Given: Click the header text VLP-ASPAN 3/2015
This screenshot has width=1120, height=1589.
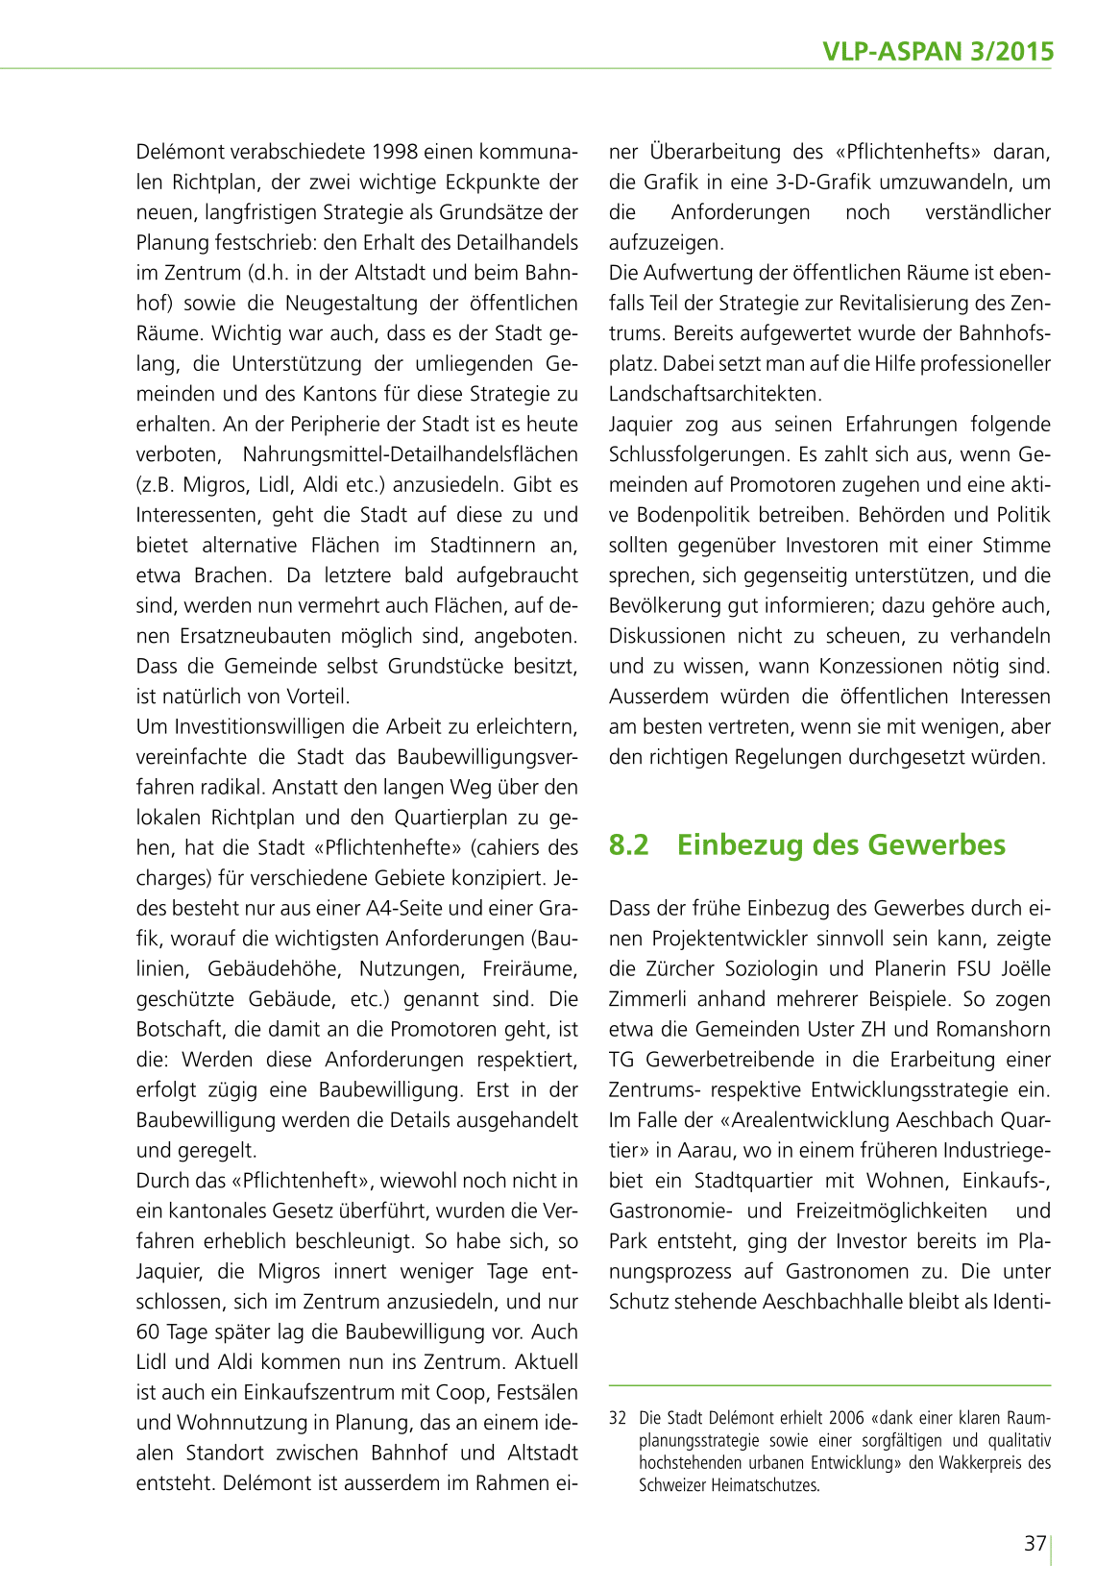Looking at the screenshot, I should point(938,51).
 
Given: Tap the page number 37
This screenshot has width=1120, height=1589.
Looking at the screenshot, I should point(1035,1544).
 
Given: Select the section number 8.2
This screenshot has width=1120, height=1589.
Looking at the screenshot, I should point(629,845).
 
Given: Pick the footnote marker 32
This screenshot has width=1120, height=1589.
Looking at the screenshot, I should point(618,1418).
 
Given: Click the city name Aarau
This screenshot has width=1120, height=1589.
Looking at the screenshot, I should point(706,1151).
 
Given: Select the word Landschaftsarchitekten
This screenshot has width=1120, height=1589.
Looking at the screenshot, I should point(716,395).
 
